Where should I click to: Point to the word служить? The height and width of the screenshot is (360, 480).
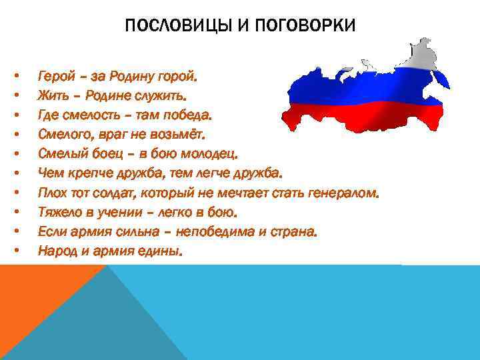coord(160,97)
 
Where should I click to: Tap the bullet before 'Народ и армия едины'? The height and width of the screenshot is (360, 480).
coord(15,251)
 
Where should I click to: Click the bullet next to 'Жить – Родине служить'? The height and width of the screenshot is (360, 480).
coord(15,97)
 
